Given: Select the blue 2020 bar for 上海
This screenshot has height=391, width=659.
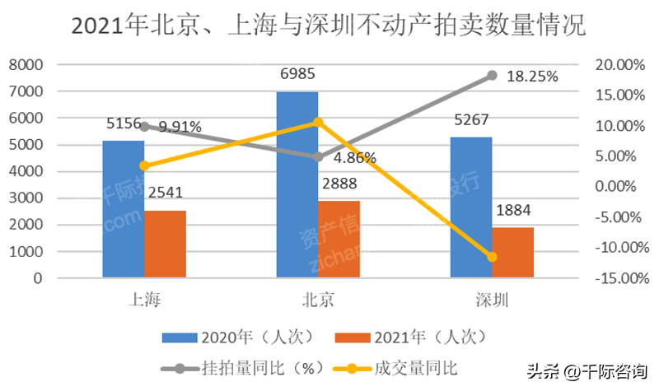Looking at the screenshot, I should click(x=123, y=209).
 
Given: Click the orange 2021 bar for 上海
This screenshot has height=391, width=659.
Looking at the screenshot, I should click(x=165, y=244).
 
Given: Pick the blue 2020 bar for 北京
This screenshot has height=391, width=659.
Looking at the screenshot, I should click(x=297, y=184).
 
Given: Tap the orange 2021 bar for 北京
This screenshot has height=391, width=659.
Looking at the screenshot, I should click(x=339, y=239).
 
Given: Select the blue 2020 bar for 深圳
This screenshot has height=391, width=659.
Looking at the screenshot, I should click(x=471, y=207).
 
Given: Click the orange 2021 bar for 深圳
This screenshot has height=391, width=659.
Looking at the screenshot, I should click(x=513, y=252).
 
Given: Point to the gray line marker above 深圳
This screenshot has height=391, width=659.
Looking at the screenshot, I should click(x=493, y=75).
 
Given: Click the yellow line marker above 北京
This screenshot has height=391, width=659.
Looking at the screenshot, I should click(x=318, y=122).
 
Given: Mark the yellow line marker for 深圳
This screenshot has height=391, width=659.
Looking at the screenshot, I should click(x=493, y=257).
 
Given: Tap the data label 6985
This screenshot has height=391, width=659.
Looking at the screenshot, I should click(x=298, y=75).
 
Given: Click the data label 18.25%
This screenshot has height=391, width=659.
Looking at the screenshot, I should click(x=532, y=77).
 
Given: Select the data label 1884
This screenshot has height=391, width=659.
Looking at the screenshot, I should click(x=513, y=212).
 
